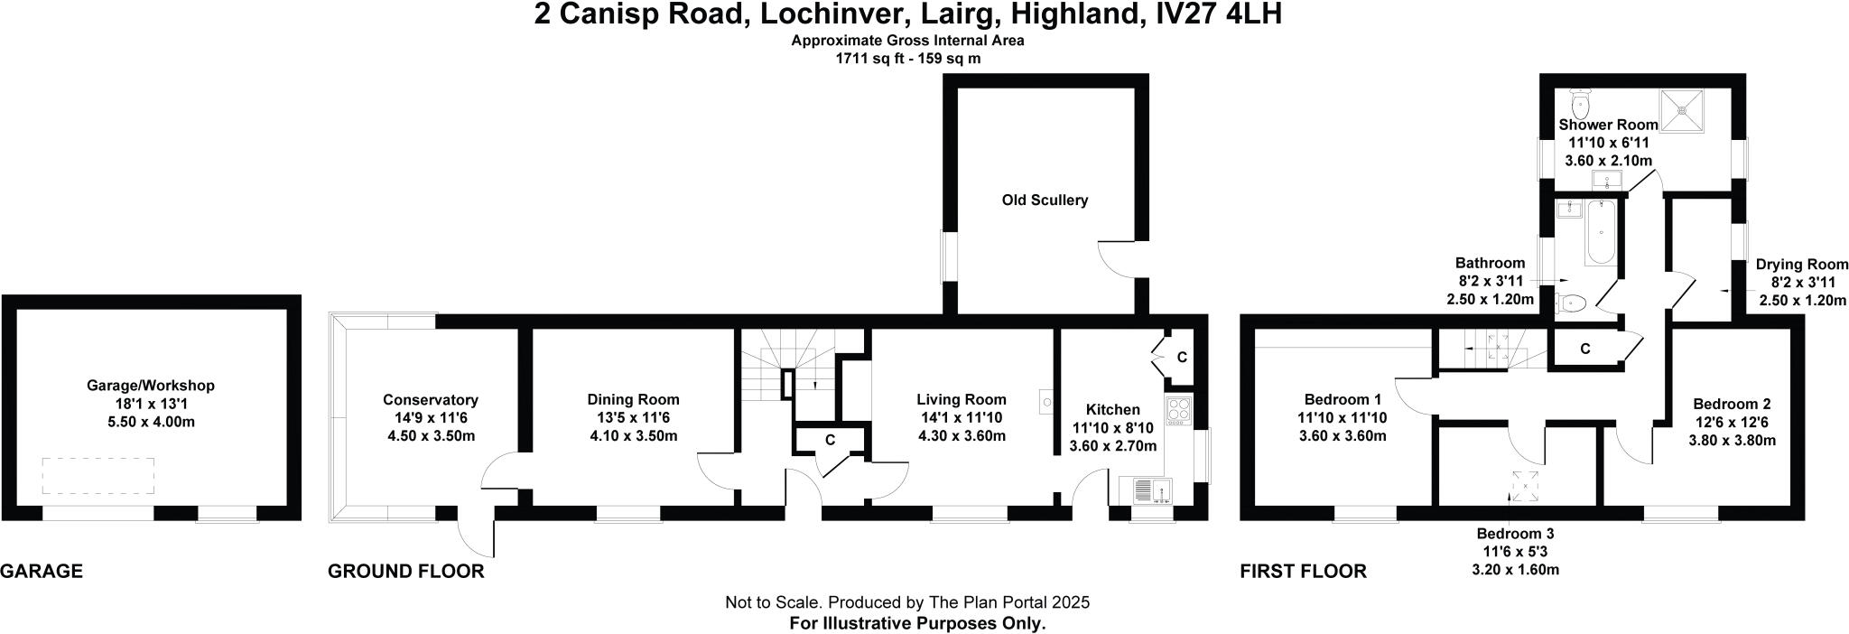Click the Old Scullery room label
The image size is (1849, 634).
point(1045,200)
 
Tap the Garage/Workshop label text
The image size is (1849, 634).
point(150,386)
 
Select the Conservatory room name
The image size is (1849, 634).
point(430,400)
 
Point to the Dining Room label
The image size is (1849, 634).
point(633,399)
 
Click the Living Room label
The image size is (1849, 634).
point(961,399)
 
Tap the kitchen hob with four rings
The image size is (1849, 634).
point(1178,410)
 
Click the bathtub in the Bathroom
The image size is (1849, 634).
point(1600,233)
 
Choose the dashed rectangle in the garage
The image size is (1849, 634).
point(98,475)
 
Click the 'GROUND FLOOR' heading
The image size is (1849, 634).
point(405,571)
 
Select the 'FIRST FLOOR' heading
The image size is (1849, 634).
point(1303,571)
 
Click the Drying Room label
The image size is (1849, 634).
point(1799,265)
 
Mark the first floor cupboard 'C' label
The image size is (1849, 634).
point(1584,349)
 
